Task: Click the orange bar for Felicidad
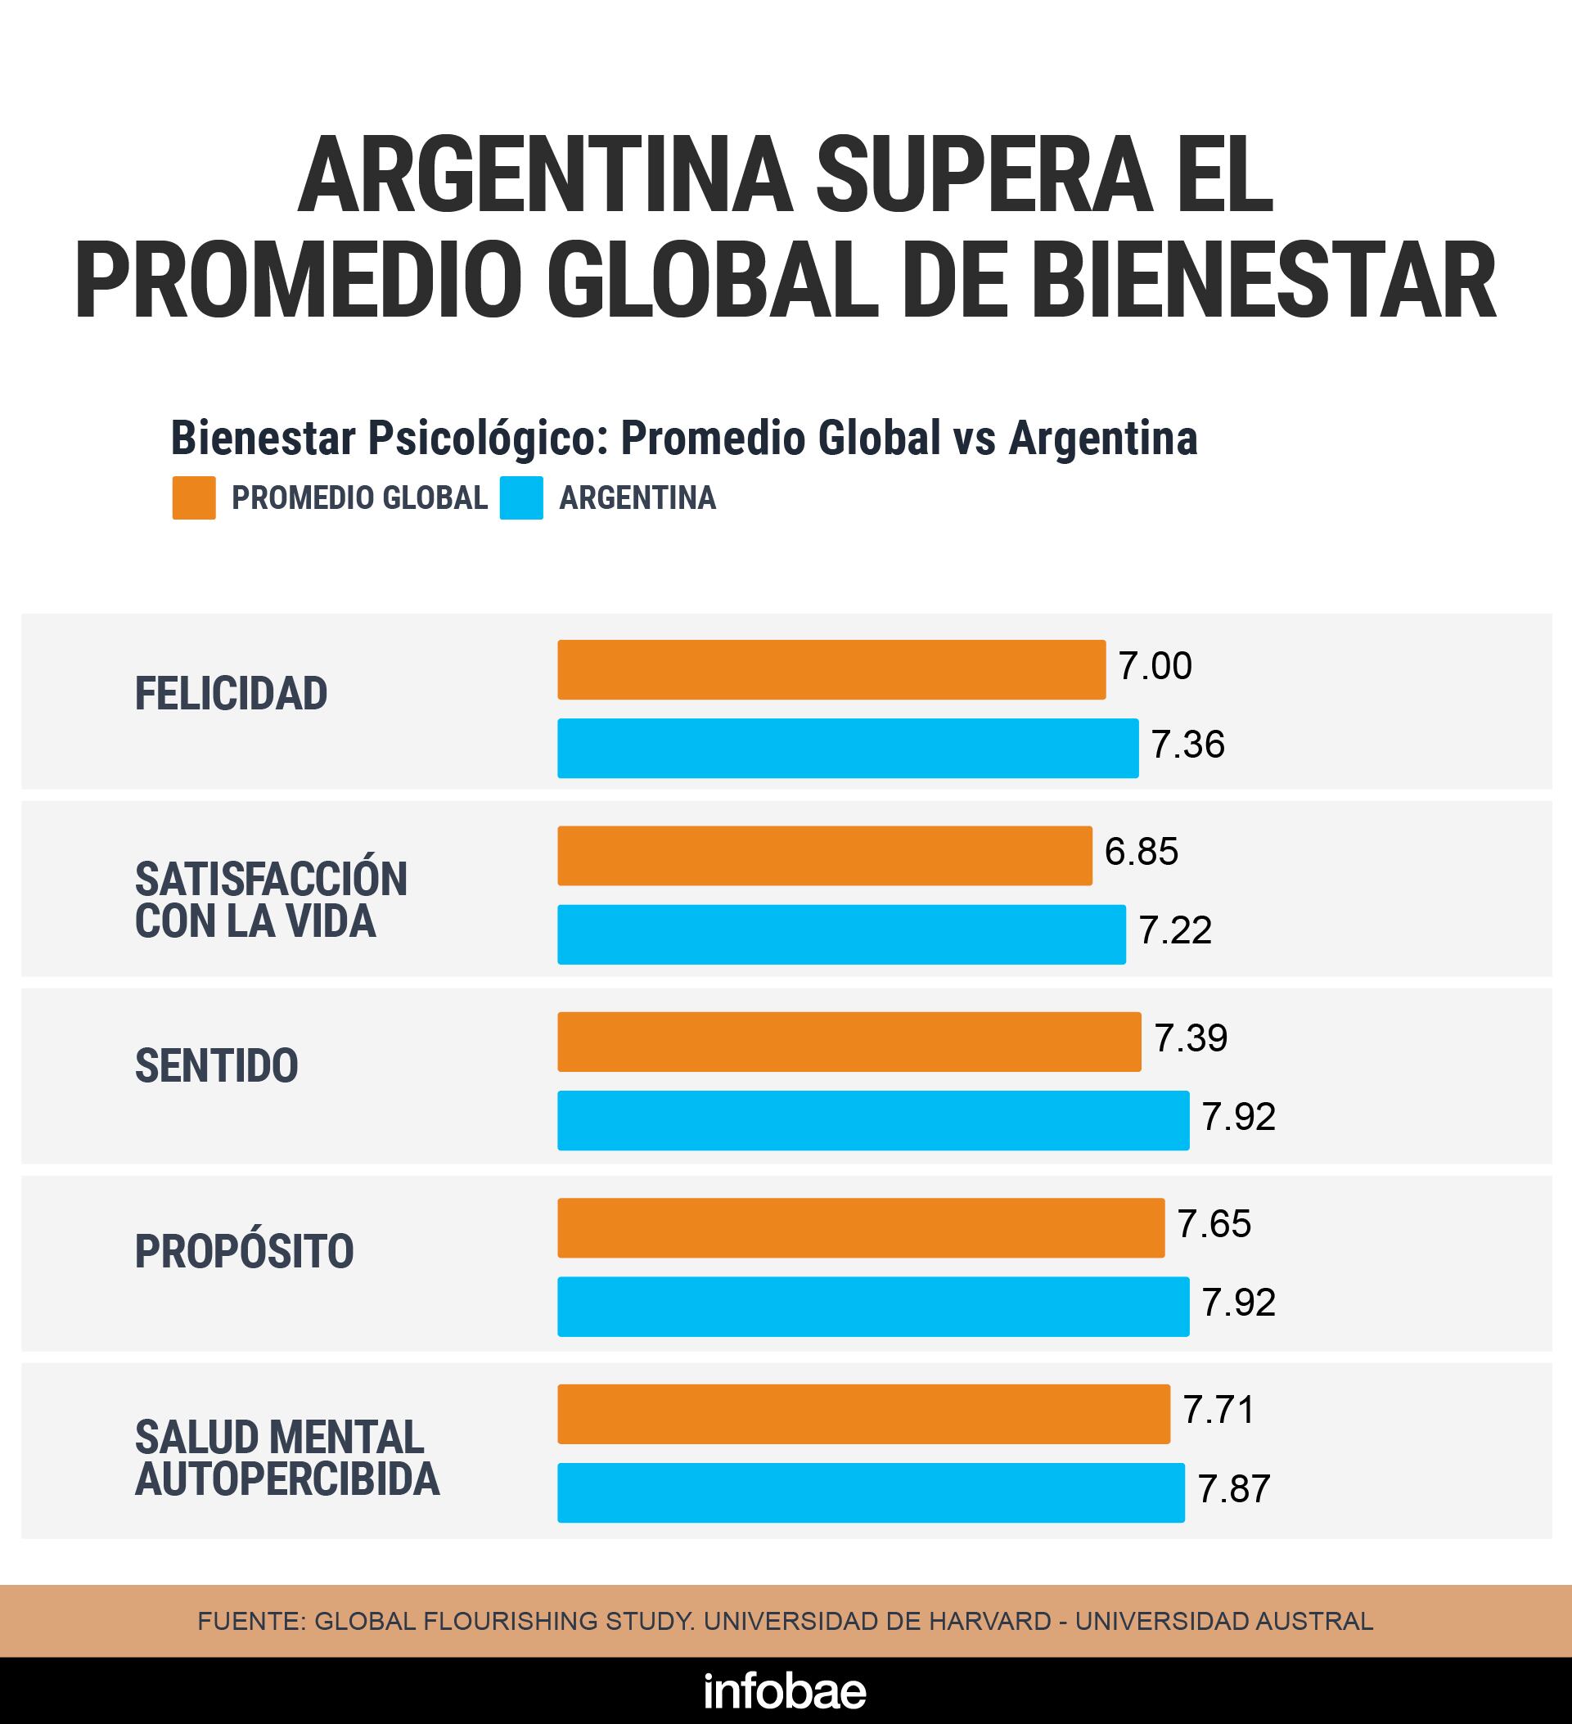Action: point(831,669)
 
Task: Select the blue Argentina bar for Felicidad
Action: point(848,748)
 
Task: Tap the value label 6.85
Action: point(1141,852)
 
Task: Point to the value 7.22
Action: point(1174,930)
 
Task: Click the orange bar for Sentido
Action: point(849,1042)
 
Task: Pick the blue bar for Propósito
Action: point(873,1306)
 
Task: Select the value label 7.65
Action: point(1214,1225)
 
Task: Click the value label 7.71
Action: point(1218,1410)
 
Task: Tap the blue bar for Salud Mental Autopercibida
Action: point(871,1492)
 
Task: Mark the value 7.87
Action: point(1233,1489)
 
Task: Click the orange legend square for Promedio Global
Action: point(194,497)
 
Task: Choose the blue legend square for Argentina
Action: point(522,497)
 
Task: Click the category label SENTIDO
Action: point(216,1065)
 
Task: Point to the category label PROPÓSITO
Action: point(244,1252)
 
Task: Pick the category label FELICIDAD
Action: point(231,694)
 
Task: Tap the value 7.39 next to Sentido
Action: point(1191,1038)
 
